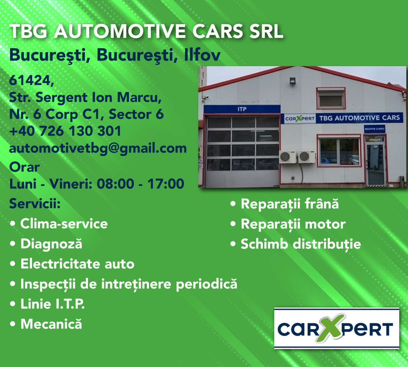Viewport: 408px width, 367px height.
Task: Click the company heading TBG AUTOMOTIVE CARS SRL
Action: pyautogui.click(x=146, y=31)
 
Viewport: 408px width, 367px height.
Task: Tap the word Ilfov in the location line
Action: pyautogui.click(x=202, y=55)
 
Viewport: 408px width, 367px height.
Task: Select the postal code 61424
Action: pyautogui.click(x=32, y=81)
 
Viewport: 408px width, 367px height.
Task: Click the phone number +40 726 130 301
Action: pyautogui.click(x=65, y=131)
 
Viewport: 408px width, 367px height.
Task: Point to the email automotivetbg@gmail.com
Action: pyautogui.click(x=98, y=148)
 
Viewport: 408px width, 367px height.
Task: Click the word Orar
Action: pyautogui.click(x=24, y=167)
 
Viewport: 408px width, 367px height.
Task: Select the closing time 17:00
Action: pyautogui.click(x=166, y=184)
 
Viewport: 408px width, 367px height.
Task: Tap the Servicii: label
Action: pyautogui.click(x=35, y=203)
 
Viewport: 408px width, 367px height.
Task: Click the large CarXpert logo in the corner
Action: pyautogui.click(x=337, y=328)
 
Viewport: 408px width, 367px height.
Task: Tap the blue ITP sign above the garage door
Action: pyautogui.click(x=242, y=109)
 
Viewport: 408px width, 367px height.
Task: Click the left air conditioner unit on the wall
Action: pyautogui.click(x=287, y=157)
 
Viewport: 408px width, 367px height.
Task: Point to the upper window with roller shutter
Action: pyautogui.click(x=331, y=99)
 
